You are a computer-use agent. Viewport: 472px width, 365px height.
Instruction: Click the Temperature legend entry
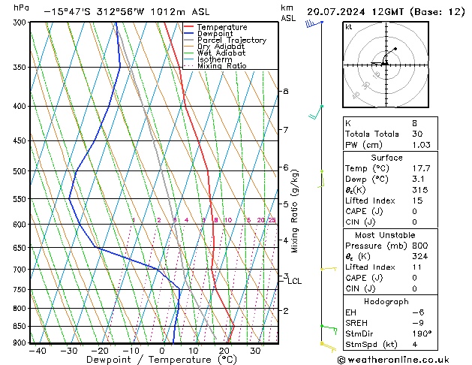pos(223,27)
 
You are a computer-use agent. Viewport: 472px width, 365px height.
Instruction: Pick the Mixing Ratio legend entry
pos(222,66)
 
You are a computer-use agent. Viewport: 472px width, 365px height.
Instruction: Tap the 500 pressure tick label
pos(18,171)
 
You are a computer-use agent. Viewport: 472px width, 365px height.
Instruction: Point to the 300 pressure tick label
pos(18,23)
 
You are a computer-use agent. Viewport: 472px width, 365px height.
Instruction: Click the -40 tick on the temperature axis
pos(38,351)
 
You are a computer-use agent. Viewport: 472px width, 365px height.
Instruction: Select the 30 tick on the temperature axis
pos(255,351)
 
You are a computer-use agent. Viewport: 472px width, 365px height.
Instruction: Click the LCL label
pos(294,282)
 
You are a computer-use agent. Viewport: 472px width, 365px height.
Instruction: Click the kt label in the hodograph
pos(349,27)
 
